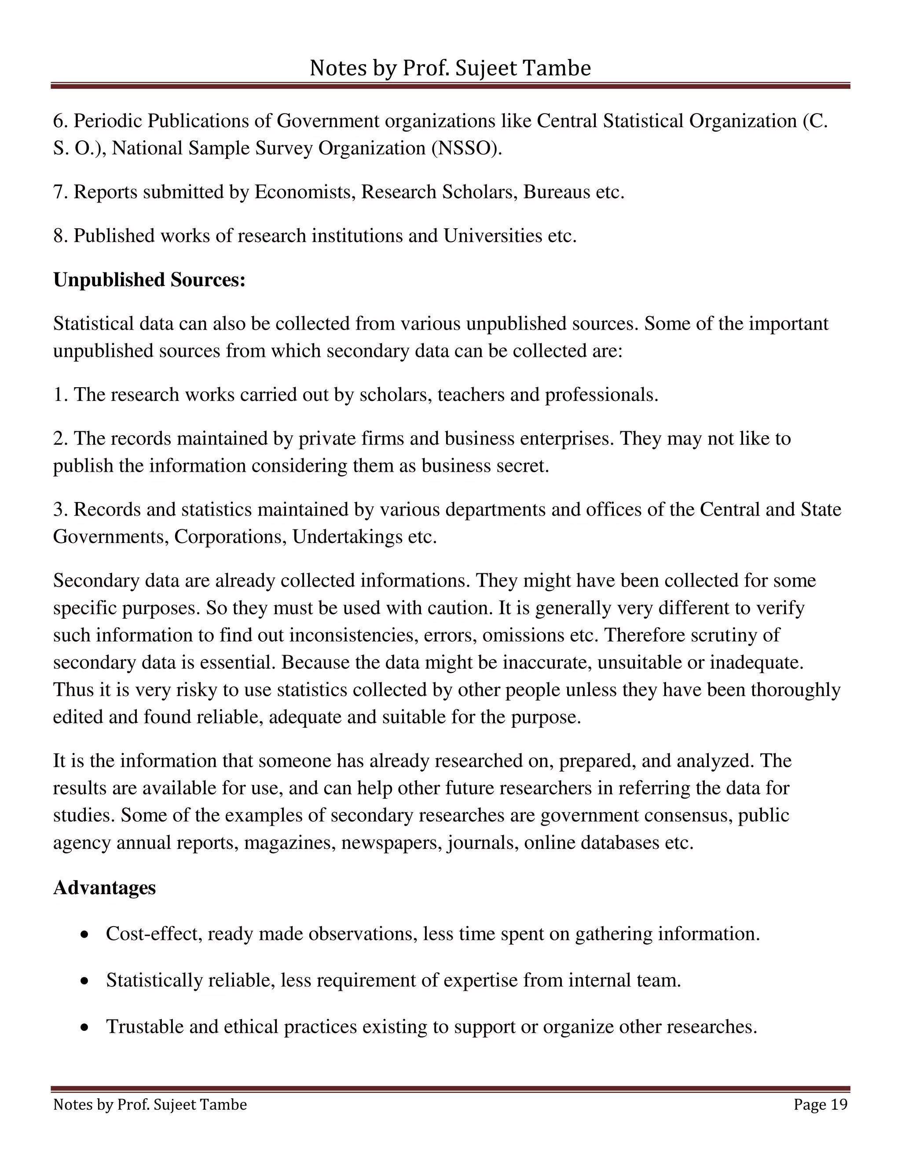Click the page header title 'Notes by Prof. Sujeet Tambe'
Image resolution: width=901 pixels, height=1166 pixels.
(x=450, y=68)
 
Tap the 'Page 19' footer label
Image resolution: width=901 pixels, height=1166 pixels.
(x=820, y=1104)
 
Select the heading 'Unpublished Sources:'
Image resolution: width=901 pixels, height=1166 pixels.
(x=149, y=280)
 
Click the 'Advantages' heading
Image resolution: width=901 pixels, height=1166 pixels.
(x=105, y=888)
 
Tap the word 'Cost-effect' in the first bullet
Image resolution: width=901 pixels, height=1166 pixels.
(x=154, y=934)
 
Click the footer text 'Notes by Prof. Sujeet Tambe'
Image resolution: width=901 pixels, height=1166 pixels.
(x=150, y=1104)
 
